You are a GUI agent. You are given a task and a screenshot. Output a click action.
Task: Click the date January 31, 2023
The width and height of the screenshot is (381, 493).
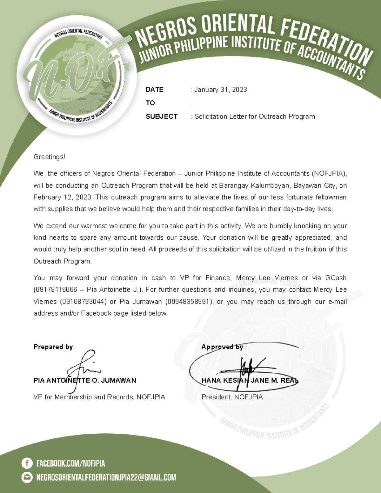coord(220,90)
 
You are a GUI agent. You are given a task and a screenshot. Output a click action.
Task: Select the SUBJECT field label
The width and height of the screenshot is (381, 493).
coord(161,117)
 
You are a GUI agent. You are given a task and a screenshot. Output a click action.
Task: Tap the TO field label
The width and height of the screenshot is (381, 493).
coord(150,103)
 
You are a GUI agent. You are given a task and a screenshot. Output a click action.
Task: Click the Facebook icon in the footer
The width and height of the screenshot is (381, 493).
coord(27,463)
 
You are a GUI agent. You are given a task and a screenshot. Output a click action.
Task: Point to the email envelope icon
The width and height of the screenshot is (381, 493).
coord(27,477)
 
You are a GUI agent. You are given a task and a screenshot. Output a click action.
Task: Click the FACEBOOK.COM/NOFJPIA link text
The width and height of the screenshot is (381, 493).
coord(70,463)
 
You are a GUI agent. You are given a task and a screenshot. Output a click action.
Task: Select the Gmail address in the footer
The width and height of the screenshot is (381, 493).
coord(106,477)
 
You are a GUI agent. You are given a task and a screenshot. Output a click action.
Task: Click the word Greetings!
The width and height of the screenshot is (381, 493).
coord(49,157)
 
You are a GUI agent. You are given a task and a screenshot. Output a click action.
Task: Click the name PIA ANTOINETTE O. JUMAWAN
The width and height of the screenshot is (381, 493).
coord(85,380)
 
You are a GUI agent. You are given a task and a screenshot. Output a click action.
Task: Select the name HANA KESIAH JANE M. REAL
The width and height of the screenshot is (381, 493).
coord(250,380)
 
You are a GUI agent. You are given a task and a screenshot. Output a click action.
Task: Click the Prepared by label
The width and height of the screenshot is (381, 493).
coord(54,347)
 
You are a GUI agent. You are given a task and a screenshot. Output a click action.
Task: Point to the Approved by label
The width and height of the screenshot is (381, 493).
coord(223,347)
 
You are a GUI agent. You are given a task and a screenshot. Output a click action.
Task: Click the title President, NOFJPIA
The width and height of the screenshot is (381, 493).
coord(232,397)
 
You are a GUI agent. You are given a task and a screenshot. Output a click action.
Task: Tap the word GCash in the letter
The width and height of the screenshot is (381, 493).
coord(336,278)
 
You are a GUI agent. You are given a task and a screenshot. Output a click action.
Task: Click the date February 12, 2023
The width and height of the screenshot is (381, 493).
coord(63,197)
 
